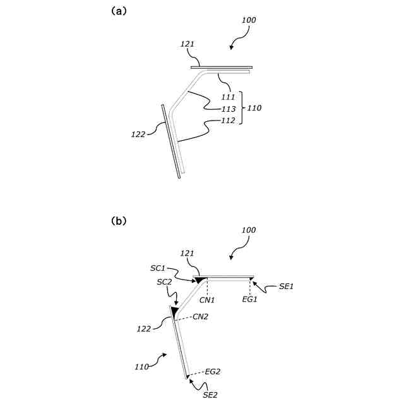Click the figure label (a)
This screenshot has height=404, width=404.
pos(119,11)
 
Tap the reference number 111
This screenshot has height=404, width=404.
pos(228,97)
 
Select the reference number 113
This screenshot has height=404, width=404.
pos(228,109)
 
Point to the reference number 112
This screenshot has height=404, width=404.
pos(228,120)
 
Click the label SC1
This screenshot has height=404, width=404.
pos(157,268)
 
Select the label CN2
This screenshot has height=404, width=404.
pos(201,316)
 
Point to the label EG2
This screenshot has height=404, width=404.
pos(212,371)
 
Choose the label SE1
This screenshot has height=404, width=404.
pos(287,286)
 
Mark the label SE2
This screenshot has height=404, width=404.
pos(211,395)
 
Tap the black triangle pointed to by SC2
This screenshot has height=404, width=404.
pos(174,310)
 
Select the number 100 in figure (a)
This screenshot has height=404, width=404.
pos(249,21)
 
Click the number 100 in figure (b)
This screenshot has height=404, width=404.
pos(249,230)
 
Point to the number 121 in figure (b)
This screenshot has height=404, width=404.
pos(187,253)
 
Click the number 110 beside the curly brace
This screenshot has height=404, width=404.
pos(254,109)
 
